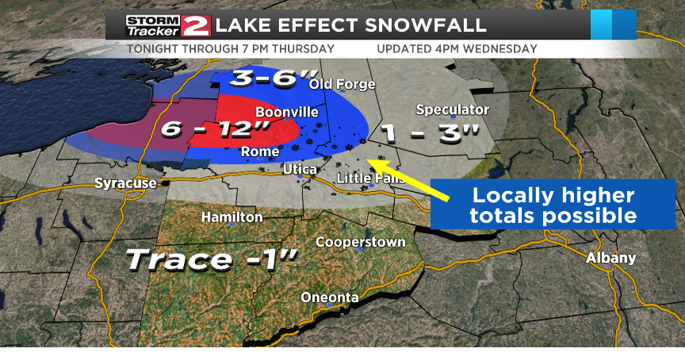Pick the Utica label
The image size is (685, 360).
pyautogui.click(x=300, y=170)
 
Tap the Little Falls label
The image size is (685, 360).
pyautogui.click(x=370, y=178)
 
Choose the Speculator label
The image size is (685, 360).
pyautogui.click(x=452, y=109)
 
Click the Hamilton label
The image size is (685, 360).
pyautogui.click(x=232, y=216)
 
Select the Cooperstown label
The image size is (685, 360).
pyautogui.click(x=361, y=242)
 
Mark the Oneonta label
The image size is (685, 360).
pyautogui.click(x=330, y=297)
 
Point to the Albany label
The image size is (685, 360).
pyautogui.click(x=610, y=258)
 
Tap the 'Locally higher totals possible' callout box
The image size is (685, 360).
pyautogui.click(x=553, y=205)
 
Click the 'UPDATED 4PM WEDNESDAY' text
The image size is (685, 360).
pyautogui.click(x=457, y=49)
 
